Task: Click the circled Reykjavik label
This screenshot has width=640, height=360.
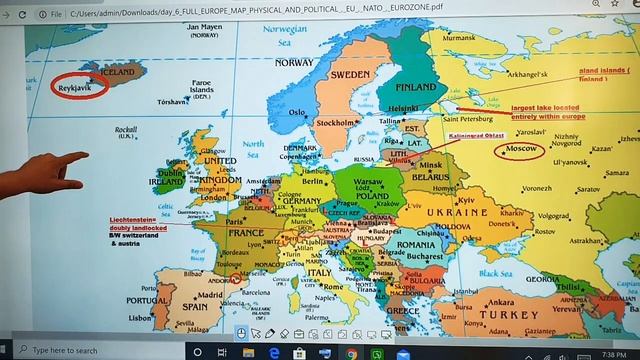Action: click(x=77, y=85)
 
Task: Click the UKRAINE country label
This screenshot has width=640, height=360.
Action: click(x=456, y=213)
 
